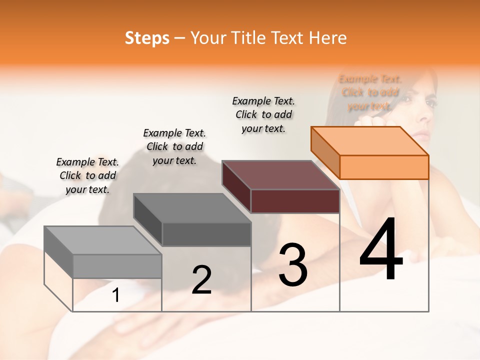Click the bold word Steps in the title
pos(147,38)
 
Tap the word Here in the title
pos(327,38)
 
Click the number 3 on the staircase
pos(292,264)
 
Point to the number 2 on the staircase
pos(201,280)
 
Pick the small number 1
pos(115,295)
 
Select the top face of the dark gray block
pos(192,208)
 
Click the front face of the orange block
pos(384,167)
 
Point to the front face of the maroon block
pos(295,201)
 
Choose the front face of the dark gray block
pos(206,234)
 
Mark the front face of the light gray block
pos(117,266)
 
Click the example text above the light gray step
pos(87,175)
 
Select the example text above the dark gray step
pos(174,146)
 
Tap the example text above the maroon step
pos(263,114)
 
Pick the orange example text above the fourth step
pos(370,92)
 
